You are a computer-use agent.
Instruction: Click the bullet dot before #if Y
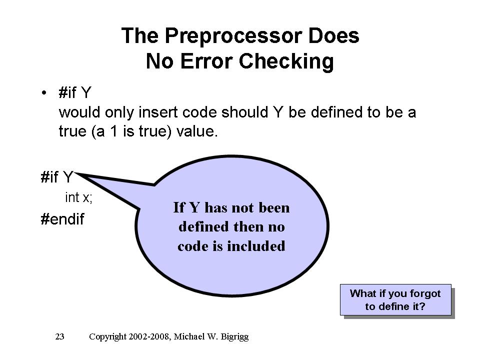pos(44,92)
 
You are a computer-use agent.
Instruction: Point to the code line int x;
pos(78,197)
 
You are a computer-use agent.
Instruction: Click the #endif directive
pos(62,219)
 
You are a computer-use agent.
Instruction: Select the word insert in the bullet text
pos(158,112)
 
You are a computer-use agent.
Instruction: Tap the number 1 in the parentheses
pos(114,131)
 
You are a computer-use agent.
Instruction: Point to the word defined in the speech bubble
pos(203,227)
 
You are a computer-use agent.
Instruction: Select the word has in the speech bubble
pos(216,207)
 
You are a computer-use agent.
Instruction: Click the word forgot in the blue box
pos(425,293)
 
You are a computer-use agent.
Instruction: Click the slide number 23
pos(59,336)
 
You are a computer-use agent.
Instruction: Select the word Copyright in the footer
pos(107,337)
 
